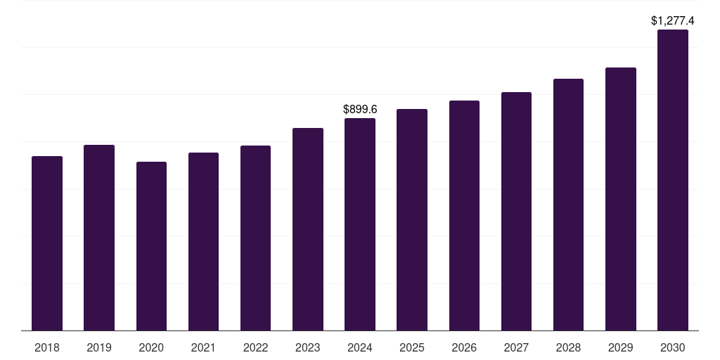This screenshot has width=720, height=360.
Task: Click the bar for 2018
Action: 47,243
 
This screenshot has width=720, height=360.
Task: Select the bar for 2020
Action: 152,246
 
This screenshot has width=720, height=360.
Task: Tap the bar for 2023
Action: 308,229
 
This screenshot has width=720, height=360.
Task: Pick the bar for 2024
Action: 360,224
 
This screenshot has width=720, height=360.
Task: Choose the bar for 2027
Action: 516,211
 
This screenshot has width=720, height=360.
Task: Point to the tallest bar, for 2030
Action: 673,180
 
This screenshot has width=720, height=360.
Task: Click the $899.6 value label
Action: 360,109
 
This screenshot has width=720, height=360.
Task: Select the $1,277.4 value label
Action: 673,20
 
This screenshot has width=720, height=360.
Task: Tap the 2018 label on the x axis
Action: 47,347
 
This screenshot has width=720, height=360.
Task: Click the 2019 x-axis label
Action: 99,347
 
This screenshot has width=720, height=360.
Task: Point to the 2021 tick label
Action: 203,347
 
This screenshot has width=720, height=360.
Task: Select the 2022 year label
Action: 255,347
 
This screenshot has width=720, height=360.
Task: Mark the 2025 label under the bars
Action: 412,347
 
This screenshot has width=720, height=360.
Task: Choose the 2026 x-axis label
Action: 464,347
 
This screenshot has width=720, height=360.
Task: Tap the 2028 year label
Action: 568,347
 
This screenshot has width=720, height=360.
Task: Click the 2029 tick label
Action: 621,347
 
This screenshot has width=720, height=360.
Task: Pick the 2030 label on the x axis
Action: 673,347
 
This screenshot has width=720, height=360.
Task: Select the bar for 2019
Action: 99,238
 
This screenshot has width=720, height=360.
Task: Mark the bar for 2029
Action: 621,199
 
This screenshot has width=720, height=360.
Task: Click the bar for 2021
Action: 203,242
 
